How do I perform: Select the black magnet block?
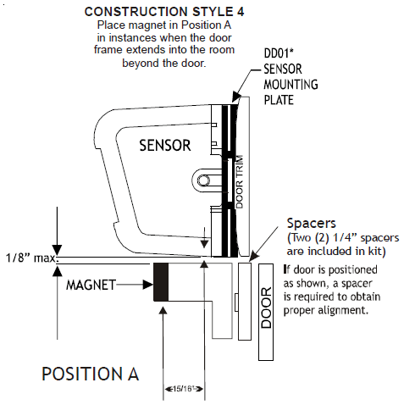[x=162, y=281]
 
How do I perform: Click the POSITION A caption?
[x=91, y=373]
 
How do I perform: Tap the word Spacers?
[x=313, y=225]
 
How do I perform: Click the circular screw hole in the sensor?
[x=203, y=180]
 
